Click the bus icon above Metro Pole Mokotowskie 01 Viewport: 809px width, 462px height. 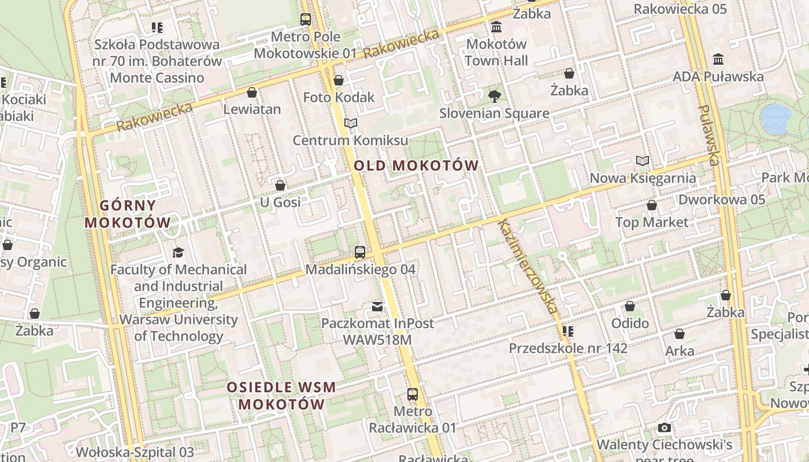tap(306, 20)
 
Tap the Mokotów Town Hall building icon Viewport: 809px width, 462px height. tap(496, 27)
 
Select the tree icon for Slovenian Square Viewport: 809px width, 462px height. tap(494, 96)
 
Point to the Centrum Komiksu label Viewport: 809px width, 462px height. tap(350, 140)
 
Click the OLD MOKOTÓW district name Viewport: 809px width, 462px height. tap(416, 166)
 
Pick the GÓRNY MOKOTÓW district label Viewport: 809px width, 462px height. tap(128, 214)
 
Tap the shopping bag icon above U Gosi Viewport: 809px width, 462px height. tap(280, 185)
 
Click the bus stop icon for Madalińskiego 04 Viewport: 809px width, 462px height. tap(360, 252)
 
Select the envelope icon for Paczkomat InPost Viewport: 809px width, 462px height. tap(377, 306)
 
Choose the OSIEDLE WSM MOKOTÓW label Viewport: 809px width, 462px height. tap(281, 396)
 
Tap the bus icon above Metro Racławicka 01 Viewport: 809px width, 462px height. tap(413, 394)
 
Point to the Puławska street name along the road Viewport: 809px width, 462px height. tap(709, 135)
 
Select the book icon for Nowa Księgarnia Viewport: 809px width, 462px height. tap(643, 161)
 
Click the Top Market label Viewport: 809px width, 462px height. tap(652, 222)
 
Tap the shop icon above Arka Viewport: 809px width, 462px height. tap(680, 334)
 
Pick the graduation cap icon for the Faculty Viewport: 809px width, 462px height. tap(179, 252)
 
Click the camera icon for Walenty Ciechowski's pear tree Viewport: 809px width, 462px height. tap(665, 428)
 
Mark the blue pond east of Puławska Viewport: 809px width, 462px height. tap(775, 118)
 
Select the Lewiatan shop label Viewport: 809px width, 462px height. tap(252, 109)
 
